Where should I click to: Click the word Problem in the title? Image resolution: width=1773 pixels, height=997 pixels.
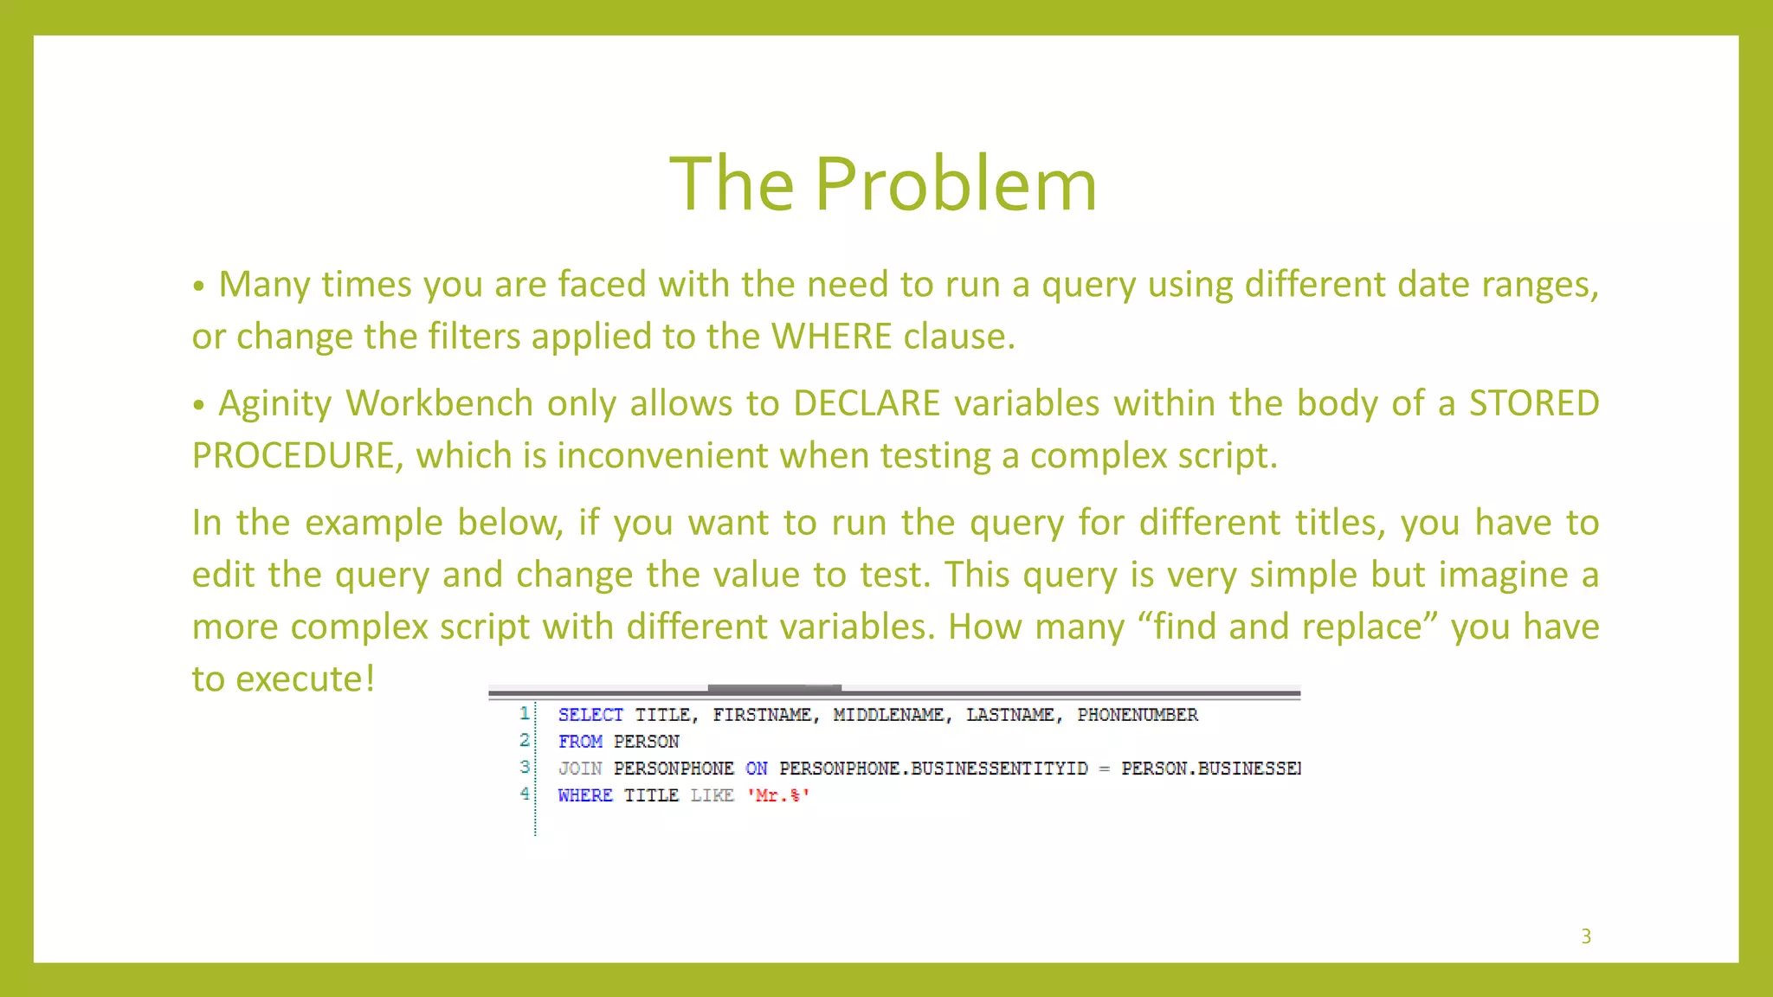[x=956, y=183]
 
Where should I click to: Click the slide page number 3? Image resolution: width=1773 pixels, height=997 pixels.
[x=1586, y=936]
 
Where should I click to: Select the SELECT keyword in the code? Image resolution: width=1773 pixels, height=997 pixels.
[x=590, y=715]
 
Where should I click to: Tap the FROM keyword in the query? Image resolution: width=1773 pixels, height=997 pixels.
[x=580, y=742]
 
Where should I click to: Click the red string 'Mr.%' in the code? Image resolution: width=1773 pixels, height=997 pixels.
[x=777, y=795]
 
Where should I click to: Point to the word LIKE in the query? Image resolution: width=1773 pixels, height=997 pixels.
[x=712, y=795]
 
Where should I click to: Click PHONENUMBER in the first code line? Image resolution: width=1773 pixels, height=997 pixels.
[x=1137, y=715]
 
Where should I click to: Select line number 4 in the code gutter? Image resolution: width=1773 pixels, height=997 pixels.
[x=524, y=793]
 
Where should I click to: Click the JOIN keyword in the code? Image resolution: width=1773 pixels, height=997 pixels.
[x=579, y=769]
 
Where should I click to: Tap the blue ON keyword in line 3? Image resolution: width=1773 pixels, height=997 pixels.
[x=756, y=769]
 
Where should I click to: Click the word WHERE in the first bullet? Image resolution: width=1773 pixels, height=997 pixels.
[x=831, y=337]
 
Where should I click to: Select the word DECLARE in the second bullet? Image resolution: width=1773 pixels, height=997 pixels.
[x=866, y=404]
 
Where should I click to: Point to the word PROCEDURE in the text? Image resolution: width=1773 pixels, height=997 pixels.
[x=293, y=456]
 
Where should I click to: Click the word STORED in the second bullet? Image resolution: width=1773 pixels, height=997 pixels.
[x=1533, y=404]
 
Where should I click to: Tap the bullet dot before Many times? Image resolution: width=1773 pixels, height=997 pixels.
[x=199, y=286]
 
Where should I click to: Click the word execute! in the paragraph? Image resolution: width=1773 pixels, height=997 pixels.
[x=305, y=679]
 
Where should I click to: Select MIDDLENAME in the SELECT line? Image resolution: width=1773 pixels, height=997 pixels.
[x=887, y=715]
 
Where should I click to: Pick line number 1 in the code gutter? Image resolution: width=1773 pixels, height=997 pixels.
[x=524, y=713]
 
